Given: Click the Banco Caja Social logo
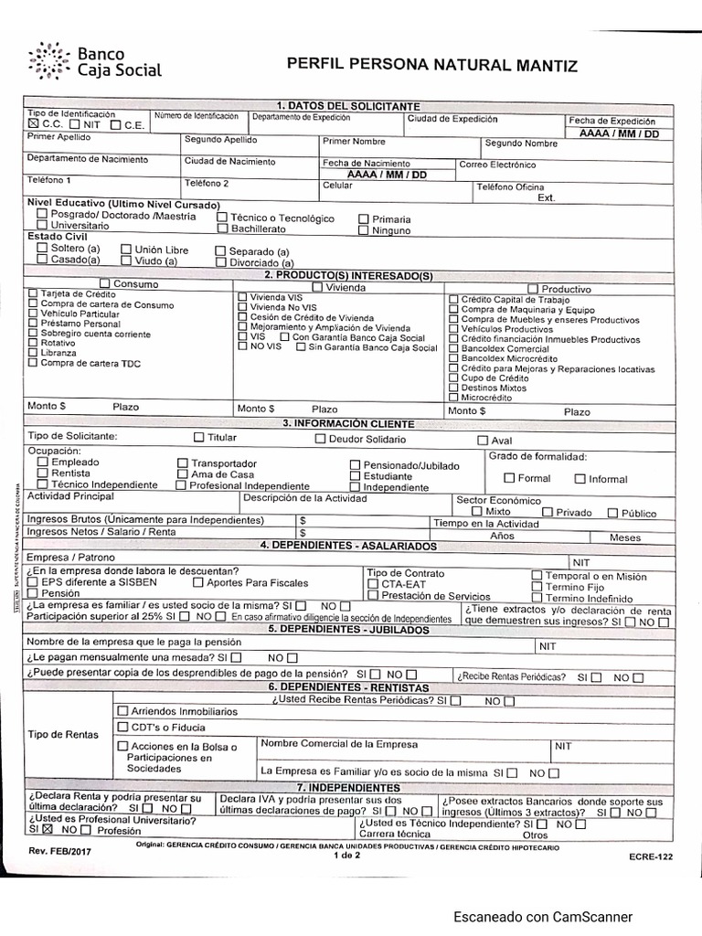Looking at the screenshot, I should coord(95,60).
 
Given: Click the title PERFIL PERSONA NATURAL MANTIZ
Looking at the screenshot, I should coord(432,65).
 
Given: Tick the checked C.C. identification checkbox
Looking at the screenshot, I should coord(34,123).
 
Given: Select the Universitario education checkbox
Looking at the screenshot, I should coord(42,225).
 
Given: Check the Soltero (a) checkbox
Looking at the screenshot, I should coord(42,248).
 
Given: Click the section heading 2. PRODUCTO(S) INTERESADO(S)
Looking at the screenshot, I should coord(347,275).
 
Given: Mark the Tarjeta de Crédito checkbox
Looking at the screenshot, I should coord(34,294).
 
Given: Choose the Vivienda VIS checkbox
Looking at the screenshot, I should coord(242,297).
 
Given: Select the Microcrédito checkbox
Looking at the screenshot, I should coord(453,398).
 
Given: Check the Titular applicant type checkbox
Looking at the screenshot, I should coord(199,438).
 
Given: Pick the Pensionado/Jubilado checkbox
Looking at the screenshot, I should coord(356,465).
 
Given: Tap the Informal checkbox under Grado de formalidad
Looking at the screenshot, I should coord(580,478).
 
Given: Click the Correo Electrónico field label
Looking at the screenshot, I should coord(497,165).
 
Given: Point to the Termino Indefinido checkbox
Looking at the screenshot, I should coord(537,598).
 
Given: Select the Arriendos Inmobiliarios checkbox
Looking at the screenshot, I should coord(122,710).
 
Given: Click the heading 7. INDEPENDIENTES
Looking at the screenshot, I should coord(348,787).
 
